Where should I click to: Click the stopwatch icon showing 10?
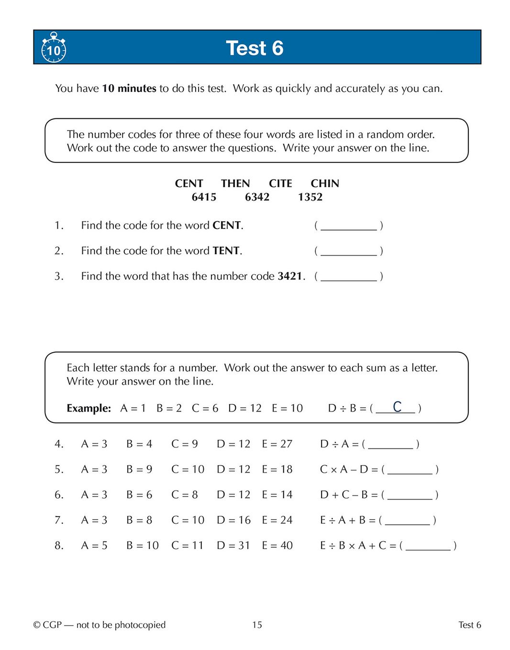[54, 48]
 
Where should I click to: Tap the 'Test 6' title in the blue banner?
[255, 48]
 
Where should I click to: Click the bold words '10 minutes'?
[129, 88]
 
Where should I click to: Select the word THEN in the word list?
[235, 184]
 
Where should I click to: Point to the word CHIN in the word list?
[325, 184]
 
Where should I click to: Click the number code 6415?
[204, 197]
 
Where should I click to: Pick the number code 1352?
[310, 197]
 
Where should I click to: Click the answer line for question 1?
[348, 226]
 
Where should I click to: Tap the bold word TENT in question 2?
[226, 251]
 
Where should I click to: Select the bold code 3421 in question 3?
[290, 276]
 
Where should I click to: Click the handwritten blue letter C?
[397, 407]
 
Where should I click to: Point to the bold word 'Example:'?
[89, 409]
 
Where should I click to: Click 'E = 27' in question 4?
[277, 444]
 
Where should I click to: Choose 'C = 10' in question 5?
[188, 469]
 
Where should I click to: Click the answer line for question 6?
[410, 495]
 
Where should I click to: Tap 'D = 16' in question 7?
[233, 520]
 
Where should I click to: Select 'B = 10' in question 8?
[142, 545]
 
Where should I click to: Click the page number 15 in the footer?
[257, 625]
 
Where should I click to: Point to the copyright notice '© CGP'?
[48, 625]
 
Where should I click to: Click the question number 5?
[58, 469]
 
